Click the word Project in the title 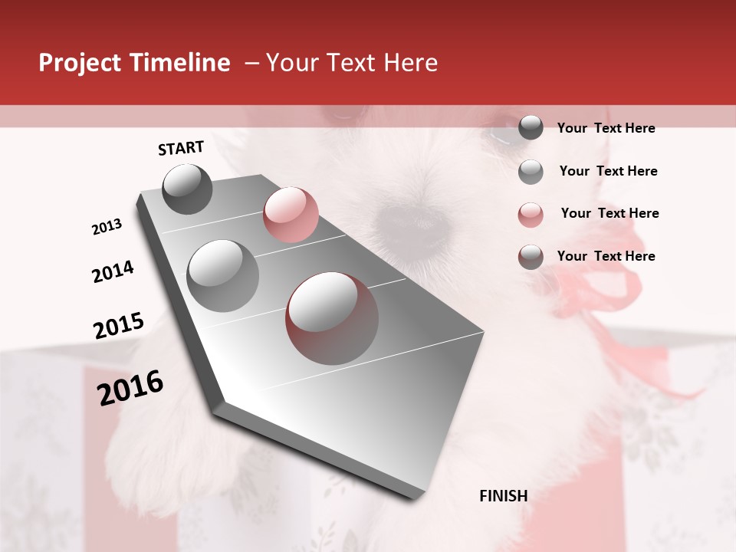coord(80,63)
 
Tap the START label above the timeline coord(181,148)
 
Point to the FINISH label coord(504,496)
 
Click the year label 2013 coord(107,227)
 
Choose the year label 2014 coord(113,272)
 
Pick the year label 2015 coord(119,326)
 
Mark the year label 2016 coord(130,388)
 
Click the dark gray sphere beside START coord(188,189)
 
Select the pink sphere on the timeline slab coord(291,214)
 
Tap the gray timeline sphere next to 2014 coord(223,275)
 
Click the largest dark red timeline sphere coord(332,318)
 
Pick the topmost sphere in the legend coord(531,128)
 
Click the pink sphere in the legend coord(531,215)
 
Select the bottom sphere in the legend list coord(531,257)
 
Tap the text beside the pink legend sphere coord(609,213)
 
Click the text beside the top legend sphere coord(606,128)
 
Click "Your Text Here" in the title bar coord(352,63)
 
